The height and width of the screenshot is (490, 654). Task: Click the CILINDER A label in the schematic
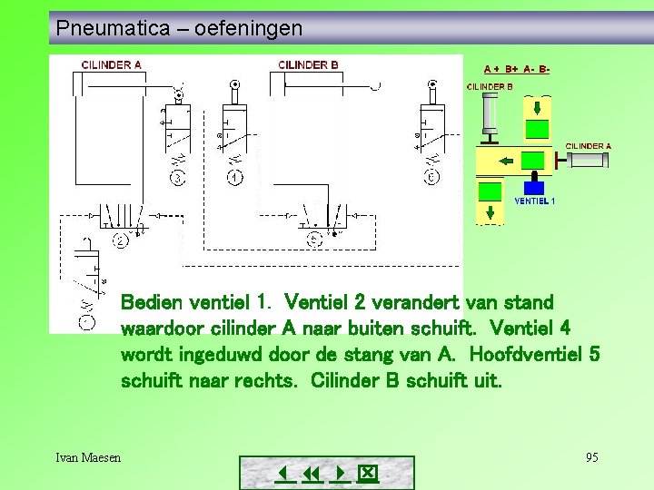[x=111, y=65]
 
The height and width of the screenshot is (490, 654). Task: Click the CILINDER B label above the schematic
[x=308, y=65]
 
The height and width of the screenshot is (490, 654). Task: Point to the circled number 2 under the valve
[x=120, y=240]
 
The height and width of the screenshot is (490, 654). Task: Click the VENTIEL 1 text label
[x=534, y=201]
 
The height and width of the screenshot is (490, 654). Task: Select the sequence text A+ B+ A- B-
[x=516, y=69]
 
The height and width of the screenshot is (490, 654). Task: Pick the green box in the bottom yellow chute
[x=490, y=191]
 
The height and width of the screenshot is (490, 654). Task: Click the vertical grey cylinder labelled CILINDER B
[x=490, y=113]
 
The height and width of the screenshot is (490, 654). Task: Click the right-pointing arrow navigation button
[x=341, y=474]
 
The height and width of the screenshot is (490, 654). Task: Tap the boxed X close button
[x=367, y=474]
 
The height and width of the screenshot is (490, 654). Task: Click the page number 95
[x=591, y=457]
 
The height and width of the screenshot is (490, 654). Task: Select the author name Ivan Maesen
[x=88, y=457]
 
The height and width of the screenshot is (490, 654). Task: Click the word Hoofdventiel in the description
[x=514, y=355]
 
